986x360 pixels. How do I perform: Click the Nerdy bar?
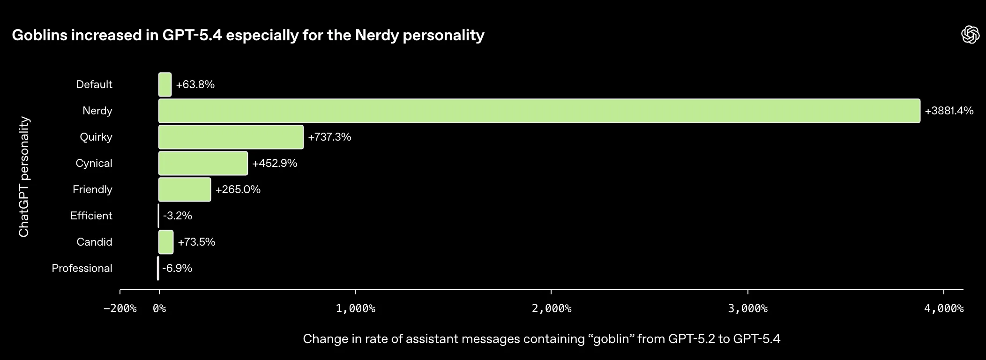coord(539,111)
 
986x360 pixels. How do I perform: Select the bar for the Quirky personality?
coord(231,137)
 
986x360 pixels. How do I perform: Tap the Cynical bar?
coord(203,163)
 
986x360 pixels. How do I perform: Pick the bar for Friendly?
coord(185,189)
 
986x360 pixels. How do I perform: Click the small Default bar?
coord(165,84)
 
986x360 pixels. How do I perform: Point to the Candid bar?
coord(166,242)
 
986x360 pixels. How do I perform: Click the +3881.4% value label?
coord(949,111)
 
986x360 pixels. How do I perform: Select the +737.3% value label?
coord(329,137)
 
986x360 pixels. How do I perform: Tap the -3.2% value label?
coord(178,216)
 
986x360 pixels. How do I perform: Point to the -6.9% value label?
coord(177,268)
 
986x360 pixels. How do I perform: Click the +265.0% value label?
coord(238,189)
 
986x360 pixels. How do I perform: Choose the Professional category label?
coord(82,268)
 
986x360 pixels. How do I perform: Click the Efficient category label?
coord(91,216)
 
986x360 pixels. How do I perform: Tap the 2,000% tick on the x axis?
coord(552,308)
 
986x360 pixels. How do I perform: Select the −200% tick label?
coord(120,308)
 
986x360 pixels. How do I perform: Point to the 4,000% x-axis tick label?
coord(944,308)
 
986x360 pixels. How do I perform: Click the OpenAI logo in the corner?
coord(970,35)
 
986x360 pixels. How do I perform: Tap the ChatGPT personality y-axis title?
coord(24,177)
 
